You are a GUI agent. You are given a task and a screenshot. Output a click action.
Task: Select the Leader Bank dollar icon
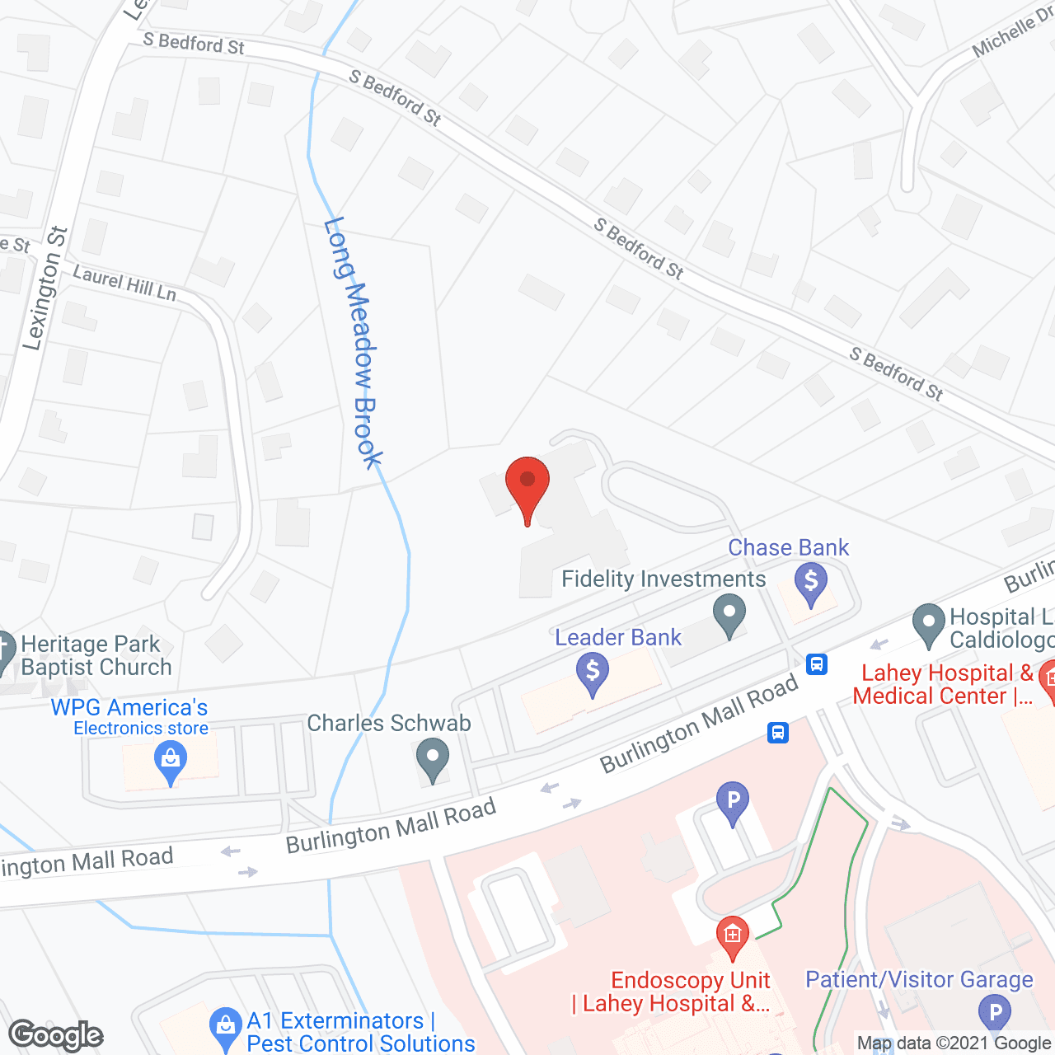593,673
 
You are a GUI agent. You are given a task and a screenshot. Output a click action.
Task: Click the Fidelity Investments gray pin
729,617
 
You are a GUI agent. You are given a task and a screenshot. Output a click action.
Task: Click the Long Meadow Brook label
354,342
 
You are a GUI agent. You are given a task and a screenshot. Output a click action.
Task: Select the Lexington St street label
45,288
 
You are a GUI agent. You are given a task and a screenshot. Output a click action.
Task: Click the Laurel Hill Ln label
124,282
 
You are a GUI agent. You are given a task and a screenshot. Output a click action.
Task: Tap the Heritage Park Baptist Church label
96,655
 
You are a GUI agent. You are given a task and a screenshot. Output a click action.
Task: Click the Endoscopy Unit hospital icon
732,937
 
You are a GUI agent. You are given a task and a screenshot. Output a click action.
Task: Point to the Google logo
56,1034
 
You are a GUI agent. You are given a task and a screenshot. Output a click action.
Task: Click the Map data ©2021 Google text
954,1043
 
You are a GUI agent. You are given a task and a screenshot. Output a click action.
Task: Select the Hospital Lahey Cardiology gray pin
929,625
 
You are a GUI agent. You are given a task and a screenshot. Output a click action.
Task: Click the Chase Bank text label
788,548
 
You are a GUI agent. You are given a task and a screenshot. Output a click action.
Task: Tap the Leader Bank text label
618,637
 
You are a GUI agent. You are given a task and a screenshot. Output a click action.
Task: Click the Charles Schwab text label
389,723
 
